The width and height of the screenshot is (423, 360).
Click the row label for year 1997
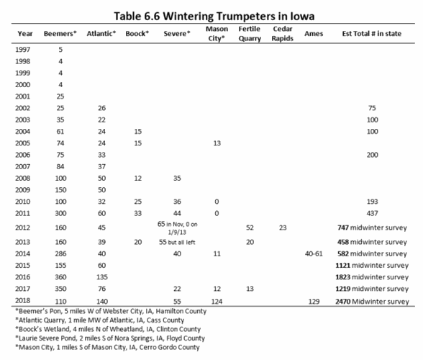24,49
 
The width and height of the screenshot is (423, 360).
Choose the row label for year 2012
24,227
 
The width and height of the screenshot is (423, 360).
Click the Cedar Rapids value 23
281,227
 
